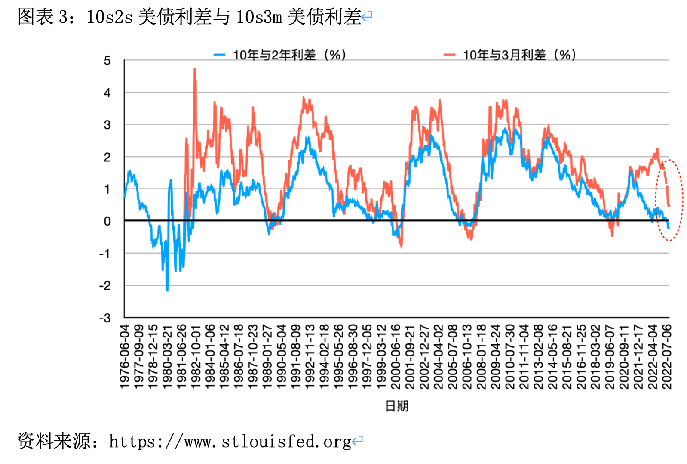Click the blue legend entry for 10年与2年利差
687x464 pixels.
click(x=280, y=55)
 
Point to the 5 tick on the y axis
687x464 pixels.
click(x=107, y=61)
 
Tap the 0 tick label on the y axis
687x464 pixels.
click(x=107, y=221)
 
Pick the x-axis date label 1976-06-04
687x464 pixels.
click(x=124, y=357)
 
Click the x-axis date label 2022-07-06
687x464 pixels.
click(x=667, y=357)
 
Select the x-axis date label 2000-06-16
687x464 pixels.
click(x=396, y=357)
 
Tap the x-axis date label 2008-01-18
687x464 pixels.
click(x=481, y=357)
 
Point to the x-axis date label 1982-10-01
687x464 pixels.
click(x=196, y=357)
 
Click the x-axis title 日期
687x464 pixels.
click(x=396, y=406)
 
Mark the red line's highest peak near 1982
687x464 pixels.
click(x=195, y=69)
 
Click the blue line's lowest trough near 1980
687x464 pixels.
click(x=167, y=290)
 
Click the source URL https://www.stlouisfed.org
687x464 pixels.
click(x=230, y=442)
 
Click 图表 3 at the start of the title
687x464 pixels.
click(x=42, y=17)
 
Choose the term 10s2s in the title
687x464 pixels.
click(x=110, y=17)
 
